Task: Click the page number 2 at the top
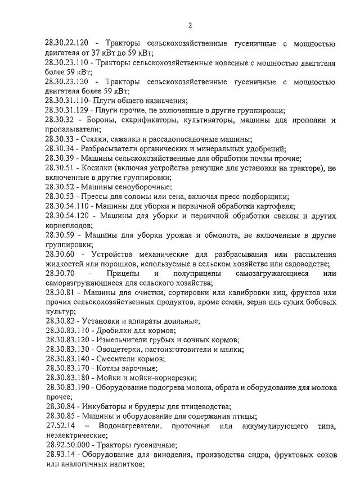pos(190,25)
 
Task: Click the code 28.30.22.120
pos(67,44)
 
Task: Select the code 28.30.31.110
pos(67,101)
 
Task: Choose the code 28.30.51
pos(60,168)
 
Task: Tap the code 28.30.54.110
pos(67,206)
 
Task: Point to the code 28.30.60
pos(60,254)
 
